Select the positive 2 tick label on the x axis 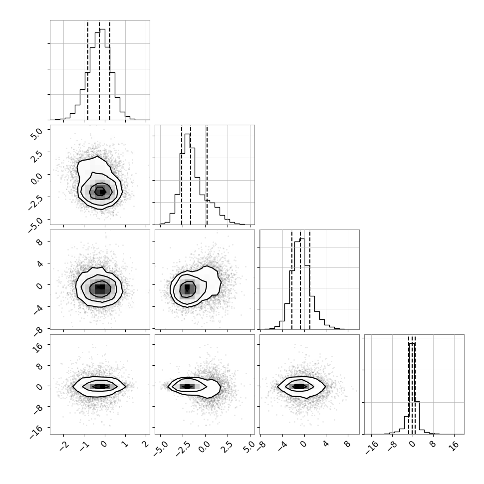pos(145,444)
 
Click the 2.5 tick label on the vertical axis pos(36,156)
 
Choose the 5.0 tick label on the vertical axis pos(36,134)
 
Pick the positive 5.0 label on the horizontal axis pos(249,447)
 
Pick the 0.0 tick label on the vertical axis pos(36,179)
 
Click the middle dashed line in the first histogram pos(99,70)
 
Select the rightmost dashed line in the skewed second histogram pos(207,175)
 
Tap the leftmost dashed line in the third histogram pos(292,279)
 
